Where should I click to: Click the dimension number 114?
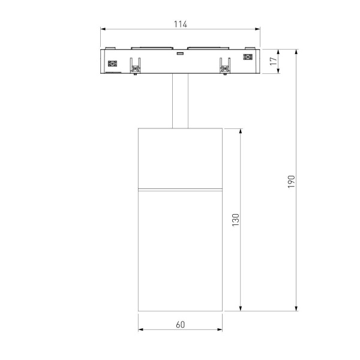181,24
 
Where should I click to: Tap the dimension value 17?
273,61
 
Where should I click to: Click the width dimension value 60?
181,325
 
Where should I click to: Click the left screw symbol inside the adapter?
111,64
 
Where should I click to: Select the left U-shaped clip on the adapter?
135,66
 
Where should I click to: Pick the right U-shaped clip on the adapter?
225,66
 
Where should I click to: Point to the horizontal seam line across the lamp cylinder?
181,190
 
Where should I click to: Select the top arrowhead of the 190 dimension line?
296,52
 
